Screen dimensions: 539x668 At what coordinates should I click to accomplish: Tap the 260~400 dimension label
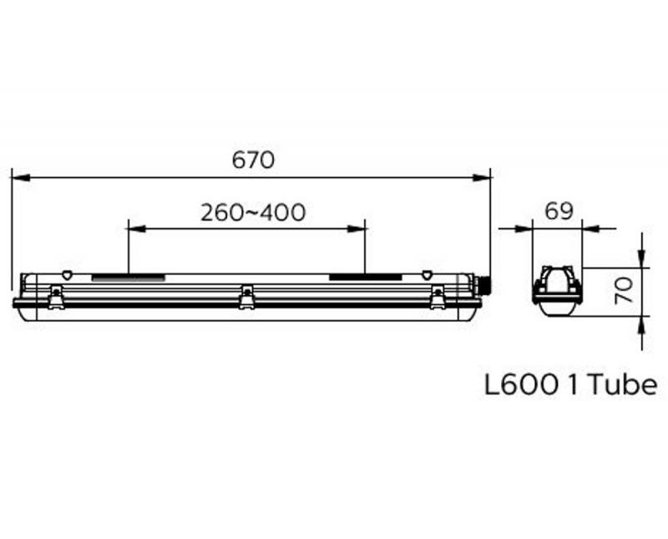pos(252,212)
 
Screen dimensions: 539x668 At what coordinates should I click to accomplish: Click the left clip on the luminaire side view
pos(56,295)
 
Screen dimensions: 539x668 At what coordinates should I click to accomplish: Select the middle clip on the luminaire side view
pos(246,295)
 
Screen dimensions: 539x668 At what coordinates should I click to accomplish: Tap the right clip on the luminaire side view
pos(437,295)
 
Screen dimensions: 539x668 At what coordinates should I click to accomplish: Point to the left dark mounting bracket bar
pos(128,277)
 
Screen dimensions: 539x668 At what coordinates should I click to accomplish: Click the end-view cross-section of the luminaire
pos(557,291)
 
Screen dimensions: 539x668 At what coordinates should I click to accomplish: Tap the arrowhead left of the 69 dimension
pos(526,227)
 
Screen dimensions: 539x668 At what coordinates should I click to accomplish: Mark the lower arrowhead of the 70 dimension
pos(640,323)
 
